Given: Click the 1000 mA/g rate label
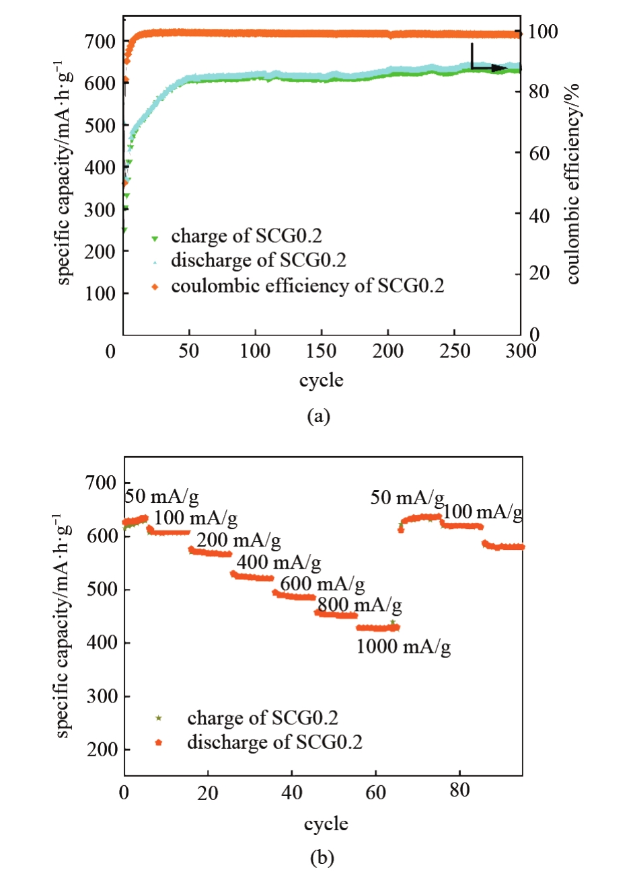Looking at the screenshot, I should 403,647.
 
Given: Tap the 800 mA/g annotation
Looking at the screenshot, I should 360,605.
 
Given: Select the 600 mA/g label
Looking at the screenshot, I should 323,584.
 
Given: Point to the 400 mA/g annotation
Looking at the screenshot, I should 279,562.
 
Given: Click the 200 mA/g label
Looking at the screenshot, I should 239,540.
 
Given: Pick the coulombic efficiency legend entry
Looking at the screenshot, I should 307,286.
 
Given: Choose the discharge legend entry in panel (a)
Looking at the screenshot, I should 258,260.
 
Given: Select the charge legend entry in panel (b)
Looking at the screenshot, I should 262,718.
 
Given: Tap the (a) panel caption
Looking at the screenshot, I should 318,416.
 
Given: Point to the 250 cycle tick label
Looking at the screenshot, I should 455,351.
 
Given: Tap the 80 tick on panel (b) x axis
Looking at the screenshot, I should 459,791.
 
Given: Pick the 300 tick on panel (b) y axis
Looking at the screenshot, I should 102,696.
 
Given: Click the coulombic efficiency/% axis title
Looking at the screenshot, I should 572,184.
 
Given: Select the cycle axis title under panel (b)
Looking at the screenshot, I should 326,824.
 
